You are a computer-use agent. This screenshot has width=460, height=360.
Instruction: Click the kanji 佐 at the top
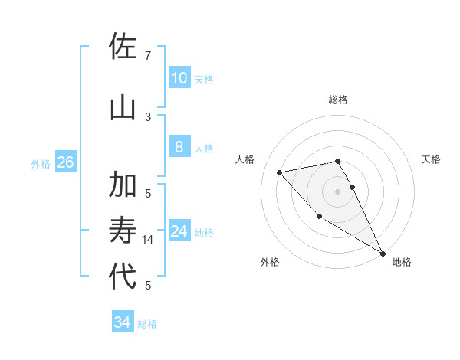123,47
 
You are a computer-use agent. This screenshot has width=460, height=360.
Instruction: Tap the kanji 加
123,185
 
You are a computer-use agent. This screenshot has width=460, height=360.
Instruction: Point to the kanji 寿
123,231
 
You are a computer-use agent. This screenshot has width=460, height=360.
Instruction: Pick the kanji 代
123,277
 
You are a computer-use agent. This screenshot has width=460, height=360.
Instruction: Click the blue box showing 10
179,77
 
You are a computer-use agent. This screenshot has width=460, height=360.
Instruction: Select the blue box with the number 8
179,147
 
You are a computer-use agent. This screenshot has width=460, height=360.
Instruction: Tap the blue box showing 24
179,232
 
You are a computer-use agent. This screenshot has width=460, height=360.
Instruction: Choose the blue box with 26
65,162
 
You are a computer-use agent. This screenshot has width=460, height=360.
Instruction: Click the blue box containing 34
122,322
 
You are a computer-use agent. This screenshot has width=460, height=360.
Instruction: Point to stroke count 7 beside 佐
147,56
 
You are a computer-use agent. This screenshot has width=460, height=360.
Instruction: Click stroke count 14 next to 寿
148,240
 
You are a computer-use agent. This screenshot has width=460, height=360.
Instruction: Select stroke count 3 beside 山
147,116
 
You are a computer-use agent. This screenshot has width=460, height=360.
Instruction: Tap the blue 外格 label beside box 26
41,164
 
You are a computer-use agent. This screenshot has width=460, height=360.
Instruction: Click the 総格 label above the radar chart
338,100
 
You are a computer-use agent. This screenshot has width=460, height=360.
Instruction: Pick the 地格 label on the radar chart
402,262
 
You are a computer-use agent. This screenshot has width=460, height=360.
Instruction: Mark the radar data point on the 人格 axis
280,172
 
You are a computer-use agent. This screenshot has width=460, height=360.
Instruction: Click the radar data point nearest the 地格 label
383,254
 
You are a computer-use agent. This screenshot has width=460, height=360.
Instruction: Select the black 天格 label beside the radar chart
432,159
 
